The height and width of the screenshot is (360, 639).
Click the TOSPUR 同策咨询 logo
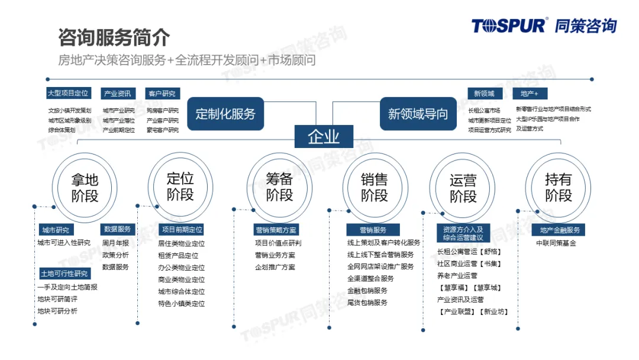point(544,25)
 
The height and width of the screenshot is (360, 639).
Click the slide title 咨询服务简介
point(114,37)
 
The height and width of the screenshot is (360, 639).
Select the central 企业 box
point(324,137)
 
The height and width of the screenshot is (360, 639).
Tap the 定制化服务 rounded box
point(225,113)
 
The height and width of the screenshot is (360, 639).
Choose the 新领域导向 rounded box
point(418,113)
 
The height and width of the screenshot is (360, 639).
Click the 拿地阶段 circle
point(85,188)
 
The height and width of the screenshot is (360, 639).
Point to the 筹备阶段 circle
point(279,187)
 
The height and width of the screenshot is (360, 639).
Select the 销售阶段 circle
point(375,187)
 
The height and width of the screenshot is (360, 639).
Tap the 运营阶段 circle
point(463,188)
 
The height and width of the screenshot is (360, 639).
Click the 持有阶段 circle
point(558,187)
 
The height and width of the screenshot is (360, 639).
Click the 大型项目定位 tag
point(69,93)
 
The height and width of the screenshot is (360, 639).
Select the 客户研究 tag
point(162,94)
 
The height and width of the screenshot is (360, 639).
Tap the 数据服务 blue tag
point(117,229)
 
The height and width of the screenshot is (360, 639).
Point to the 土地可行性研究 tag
point(64,274)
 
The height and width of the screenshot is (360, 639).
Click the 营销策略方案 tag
point(276,230)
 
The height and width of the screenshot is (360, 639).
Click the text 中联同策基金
point(556,243)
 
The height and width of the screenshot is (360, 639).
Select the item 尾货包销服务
point(367,303)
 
